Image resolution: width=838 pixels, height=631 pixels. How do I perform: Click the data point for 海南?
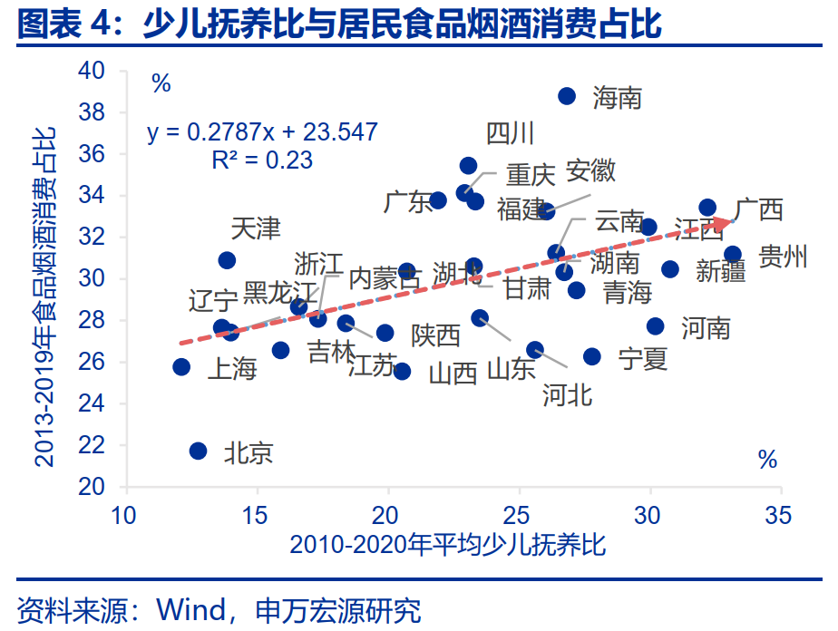pyautogui.click(x=567, y=96)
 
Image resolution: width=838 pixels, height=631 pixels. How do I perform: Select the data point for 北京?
pyautogui.click(x=198, y=451)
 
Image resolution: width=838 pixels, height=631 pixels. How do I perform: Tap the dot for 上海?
pyautogui.click(x=181, y=367)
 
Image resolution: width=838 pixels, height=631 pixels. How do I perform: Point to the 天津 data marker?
pyautogui.click(x=227, y=260)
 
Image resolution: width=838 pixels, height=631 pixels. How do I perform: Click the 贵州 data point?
pyautogui.click(x=733, y=255)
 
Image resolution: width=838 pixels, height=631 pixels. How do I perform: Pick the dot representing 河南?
pyautogui.click(x=655, y=326)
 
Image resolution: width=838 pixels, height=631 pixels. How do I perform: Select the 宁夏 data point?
pyautogui.click(x=592, y=356)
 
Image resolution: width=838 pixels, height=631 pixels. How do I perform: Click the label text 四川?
pyautogui.click(x=510, y=134)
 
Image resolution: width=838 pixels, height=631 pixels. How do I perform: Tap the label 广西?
pyautogui.click(x=758, y=210)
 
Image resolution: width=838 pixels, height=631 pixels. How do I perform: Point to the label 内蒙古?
pyautogui.click(x=385, y=278)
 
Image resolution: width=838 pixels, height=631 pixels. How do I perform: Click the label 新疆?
pyautogui.click(x=721, y=270)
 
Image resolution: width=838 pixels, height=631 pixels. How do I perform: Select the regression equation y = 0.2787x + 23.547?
pyautogui.click(x=262, y=132)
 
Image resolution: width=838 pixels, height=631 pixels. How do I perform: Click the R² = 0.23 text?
pyautogui.click(x=262, y=160)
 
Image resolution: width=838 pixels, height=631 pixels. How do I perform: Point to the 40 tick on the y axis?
pyautogui.click(x=93, y=71)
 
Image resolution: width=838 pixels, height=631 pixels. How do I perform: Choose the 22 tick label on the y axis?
pyautogui.click(x=93, y=446)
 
